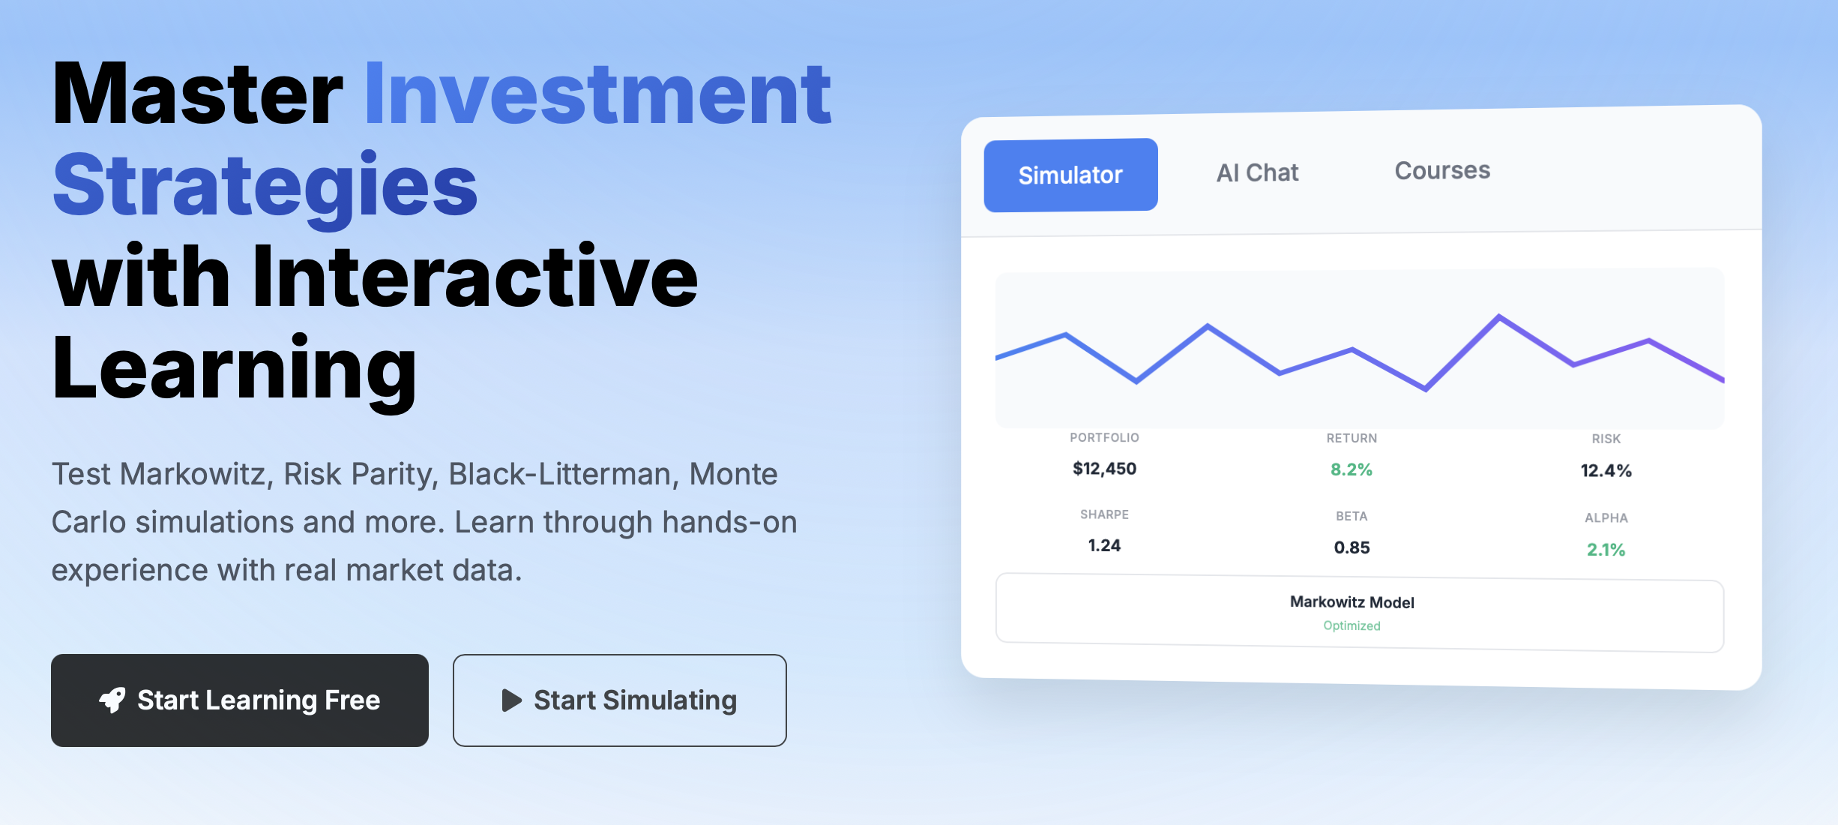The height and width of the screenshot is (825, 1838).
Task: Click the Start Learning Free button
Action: (x=240, y=700)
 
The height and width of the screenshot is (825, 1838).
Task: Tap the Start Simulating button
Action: (x=619, y=700)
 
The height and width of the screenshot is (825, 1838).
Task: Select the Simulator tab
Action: (x=1070, y=175)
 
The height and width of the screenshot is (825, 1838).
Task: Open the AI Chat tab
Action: (x=1257, y=172)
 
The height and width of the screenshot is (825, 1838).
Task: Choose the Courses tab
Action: (x=1441, y=170)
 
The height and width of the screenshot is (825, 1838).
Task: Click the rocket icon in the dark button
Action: (x=112, y=700)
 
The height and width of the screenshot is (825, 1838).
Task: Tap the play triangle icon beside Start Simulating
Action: (x=511, y=700)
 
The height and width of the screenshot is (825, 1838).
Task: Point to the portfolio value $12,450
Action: (x=1104, y=469)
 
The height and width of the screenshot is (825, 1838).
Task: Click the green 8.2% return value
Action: (x=1351, y=469)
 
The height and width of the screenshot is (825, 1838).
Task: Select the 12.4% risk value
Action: (x=1606, y=471)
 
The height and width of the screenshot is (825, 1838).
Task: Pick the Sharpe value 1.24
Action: (x=1104, y=545)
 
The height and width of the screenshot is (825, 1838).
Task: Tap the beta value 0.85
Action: (x=1352, y=547)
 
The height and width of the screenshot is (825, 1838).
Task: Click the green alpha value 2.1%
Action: (x=1606, y=550)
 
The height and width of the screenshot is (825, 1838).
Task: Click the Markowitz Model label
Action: (x=1352, y=602)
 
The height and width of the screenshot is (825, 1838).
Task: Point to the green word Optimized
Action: (x=1352, y=625)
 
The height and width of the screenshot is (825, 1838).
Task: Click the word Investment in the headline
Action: (x=597, y=96)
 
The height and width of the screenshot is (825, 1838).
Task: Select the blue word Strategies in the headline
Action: (x=265, y=186)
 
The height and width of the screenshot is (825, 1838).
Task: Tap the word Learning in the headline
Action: (x=234, y=369)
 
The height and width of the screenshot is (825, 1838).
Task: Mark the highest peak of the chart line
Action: (x=1499, y=316)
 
